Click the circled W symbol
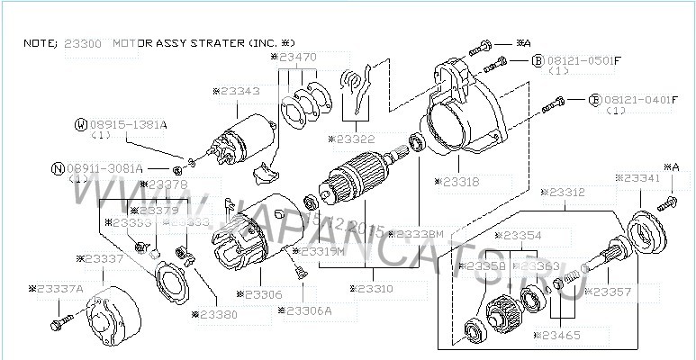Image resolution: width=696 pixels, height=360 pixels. point(80,124)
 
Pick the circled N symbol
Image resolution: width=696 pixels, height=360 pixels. point(58,167)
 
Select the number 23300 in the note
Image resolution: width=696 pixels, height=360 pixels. point(83,42)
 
